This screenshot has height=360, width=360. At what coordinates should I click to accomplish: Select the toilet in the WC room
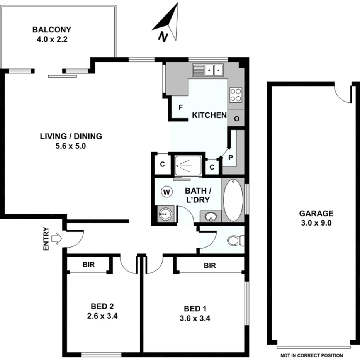234,241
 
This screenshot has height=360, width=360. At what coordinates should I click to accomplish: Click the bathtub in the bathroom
233,200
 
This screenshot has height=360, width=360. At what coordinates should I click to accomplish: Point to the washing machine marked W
167,191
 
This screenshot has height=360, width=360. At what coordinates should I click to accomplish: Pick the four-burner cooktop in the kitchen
236,95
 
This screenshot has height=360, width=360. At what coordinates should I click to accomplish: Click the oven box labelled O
236,119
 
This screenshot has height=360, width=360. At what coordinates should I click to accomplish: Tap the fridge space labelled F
180,108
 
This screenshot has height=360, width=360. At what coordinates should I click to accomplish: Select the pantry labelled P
231,157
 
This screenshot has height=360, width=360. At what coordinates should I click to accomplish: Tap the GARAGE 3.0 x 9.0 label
316,218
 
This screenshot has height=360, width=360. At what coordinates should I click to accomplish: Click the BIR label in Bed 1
210,266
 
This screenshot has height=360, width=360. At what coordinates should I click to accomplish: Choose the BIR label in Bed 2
88,265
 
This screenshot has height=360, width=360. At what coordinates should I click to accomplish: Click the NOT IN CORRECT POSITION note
312,355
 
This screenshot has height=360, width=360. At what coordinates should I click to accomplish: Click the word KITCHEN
209,115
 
